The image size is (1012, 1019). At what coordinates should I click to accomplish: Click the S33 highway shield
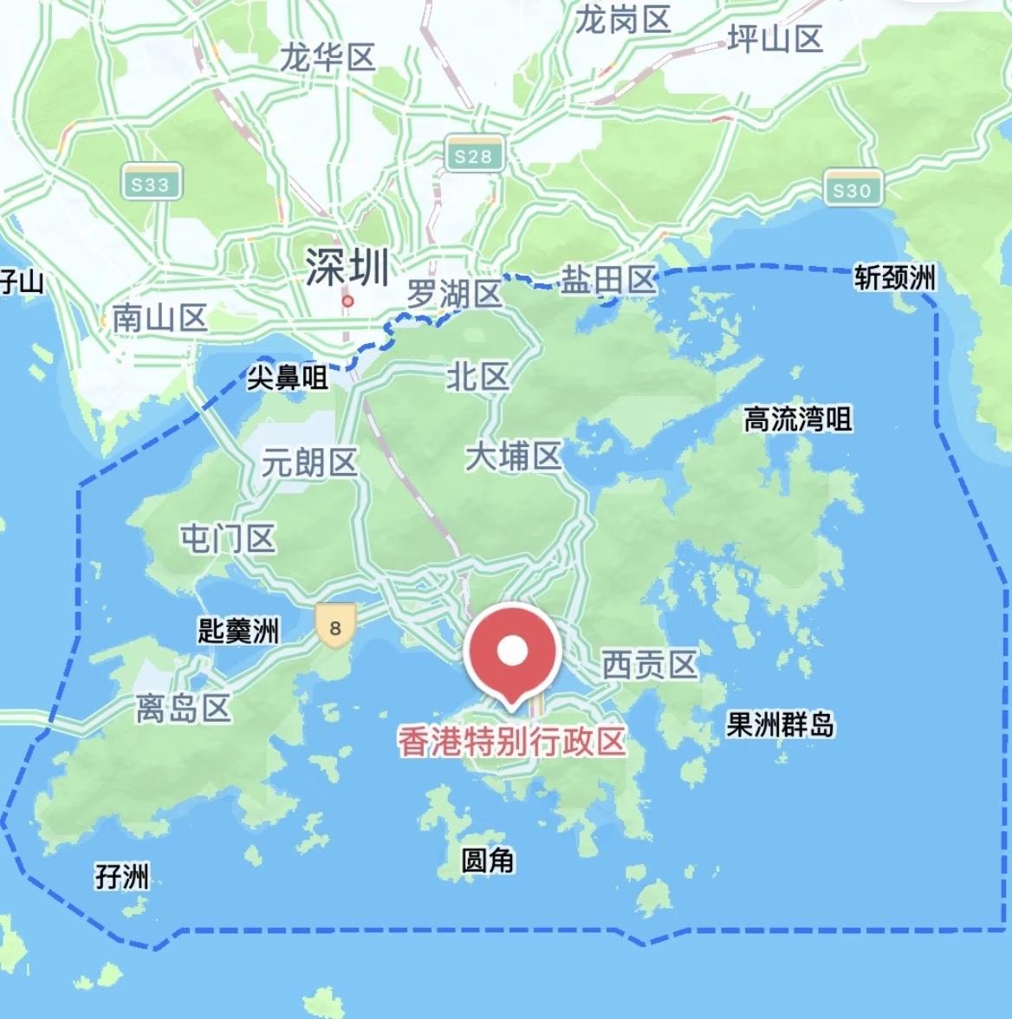(x=151, y=183)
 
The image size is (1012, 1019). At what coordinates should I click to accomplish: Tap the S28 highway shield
(x=473, y=155)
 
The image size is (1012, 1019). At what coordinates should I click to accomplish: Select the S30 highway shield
(x=852, y=189)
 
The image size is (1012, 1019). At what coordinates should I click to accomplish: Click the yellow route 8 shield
(x=335, y=626)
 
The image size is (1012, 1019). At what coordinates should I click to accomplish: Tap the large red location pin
(x=512, y=652)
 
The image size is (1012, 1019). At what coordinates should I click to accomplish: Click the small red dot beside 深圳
(x=347, y=302)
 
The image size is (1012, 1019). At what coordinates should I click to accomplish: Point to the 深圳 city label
(x=347, y=267)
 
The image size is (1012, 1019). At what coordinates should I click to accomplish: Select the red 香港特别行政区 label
(x=511, y=742)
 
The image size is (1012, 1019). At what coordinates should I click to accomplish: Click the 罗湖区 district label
(x=454, y=295)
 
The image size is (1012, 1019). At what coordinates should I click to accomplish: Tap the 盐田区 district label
(x=608, y=281)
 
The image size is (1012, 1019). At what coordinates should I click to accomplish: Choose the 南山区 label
(x=159, y=319)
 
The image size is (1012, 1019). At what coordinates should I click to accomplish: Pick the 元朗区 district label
(x=309, y=463)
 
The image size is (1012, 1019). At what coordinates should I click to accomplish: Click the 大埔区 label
(x=513, y=456)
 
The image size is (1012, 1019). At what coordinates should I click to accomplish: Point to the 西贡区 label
(x=650, y=665)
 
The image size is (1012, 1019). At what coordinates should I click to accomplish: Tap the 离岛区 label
(x=183, y=709)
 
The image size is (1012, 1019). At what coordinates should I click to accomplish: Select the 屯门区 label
(x=227, y=538)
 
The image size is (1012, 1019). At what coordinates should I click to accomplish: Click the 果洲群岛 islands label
(x=780, y=724)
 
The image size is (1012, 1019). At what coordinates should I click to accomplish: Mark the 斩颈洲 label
(x=895, y=278)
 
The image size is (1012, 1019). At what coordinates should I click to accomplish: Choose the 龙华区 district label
(x=328, y=58)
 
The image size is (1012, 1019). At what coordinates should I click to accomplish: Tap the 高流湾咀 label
(x=798, y=420)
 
